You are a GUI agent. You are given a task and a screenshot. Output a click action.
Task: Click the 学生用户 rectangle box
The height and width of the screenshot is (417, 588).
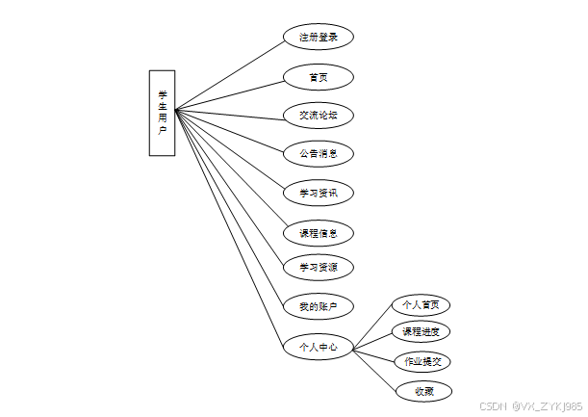[x=162, y=112]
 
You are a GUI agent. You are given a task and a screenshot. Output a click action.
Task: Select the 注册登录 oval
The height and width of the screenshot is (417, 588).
[x=318, y=38]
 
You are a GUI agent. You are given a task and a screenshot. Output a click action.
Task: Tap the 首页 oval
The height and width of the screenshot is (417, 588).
[x=318, y=76]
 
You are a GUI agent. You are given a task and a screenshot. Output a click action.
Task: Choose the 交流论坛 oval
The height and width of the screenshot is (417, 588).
[x=318, y=116]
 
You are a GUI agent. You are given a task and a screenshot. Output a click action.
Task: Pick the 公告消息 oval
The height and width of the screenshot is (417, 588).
[x=318, y=153]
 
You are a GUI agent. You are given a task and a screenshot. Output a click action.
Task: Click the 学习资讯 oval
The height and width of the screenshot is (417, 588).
[x=318, y=193]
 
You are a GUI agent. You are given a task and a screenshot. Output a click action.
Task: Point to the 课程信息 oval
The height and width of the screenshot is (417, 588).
[x=318, y=232]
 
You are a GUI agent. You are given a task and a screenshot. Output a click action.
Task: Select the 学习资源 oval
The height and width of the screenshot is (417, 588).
[x=318, y=266]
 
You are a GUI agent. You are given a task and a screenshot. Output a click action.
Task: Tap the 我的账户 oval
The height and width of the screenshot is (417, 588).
[x=318, y=306]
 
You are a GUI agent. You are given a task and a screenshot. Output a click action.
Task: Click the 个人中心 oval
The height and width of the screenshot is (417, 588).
[x=318, y=347]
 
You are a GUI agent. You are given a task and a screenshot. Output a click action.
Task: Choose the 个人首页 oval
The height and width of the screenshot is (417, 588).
[x=422, y=304]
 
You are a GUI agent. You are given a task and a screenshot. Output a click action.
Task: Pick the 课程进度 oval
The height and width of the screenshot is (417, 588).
[x=422, y=332]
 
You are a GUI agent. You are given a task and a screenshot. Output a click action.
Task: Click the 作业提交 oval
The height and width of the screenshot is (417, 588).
[x=422, y=361]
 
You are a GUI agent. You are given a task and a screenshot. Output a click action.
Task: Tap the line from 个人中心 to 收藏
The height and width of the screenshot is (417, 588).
[x=376, y=369]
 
